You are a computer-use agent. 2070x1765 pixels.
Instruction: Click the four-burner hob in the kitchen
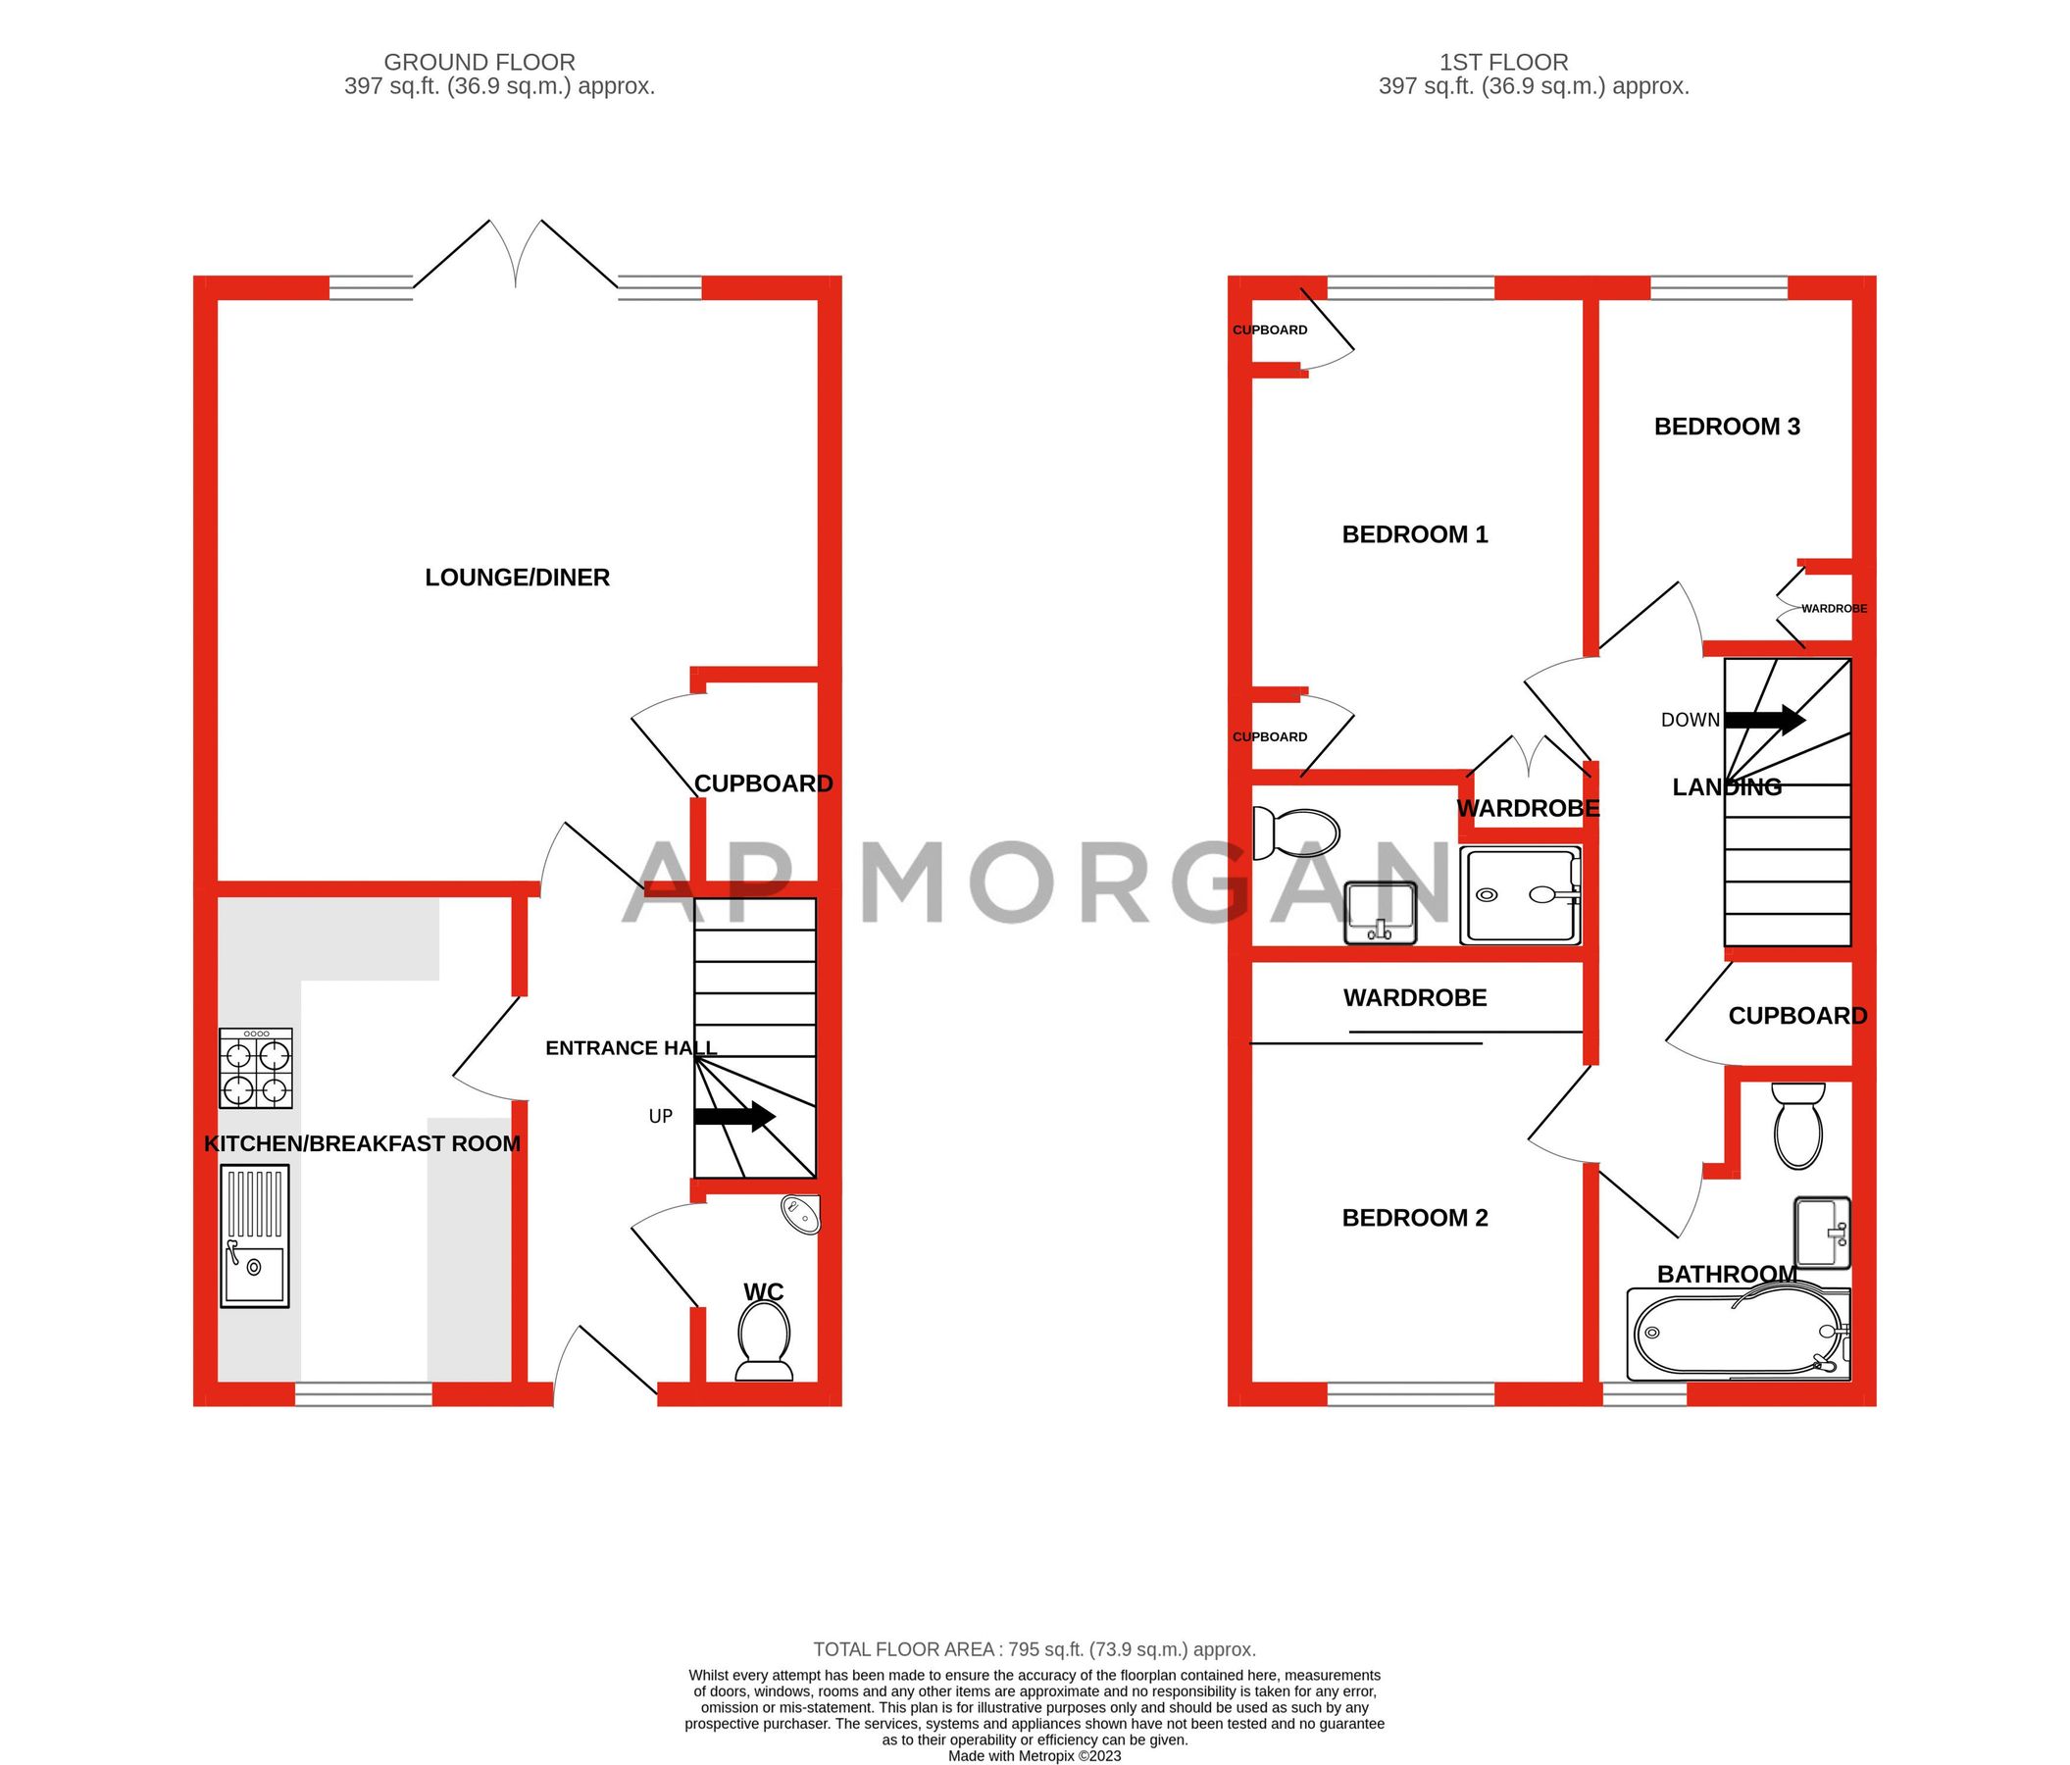tap(256, 1069)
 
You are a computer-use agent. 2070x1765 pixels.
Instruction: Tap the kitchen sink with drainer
tap(254, 1235)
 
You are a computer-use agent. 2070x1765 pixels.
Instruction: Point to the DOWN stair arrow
tap(1764, 719)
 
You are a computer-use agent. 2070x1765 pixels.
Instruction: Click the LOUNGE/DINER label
tap(517, 578)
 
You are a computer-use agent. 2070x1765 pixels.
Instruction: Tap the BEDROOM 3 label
tap(1727, 427)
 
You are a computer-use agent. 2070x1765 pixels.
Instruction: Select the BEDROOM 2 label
tap(1415, 1218)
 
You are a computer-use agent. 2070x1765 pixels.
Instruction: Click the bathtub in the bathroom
tap(1739, 1333)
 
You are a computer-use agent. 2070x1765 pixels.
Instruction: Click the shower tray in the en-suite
tap(1520, 896)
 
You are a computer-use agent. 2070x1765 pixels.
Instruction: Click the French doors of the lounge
tap(516, 255)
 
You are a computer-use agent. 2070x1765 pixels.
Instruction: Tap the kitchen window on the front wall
tap(364, 1393)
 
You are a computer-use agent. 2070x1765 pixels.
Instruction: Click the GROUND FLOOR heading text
tap(480, 62)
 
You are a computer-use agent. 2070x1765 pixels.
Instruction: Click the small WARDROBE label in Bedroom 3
tap(1834, 608)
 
